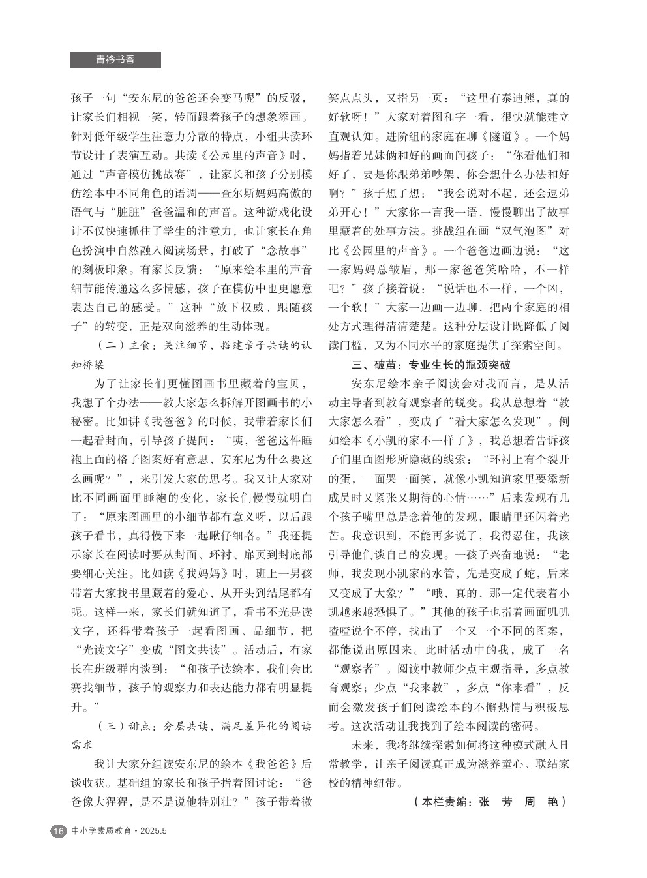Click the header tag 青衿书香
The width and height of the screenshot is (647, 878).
[115, 60]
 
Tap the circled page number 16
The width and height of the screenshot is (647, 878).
[58, 831]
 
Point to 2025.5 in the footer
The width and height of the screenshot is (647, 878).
[154, 831]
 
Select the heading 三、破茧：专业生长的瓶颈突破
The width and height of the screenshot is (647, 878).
[430, 365]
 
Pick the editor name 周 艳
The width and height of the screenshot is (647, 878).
[541, 802]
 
